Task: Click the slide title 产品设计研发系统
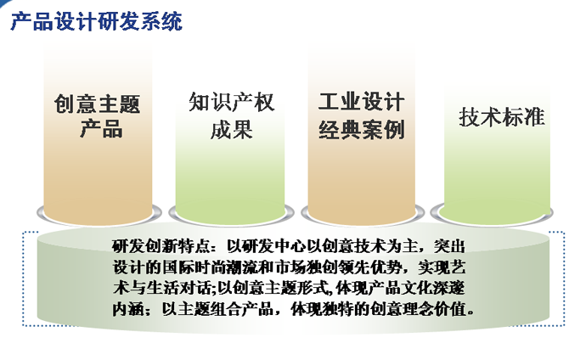(x=97, y=21)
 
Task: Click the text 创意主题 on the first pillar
(x=98, y=104)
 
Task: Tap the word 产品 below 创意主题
(x=101, y=128)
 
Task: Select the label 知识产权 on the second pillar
(x=231, y=102)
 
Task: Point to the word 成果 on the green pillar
(x=231, y=129)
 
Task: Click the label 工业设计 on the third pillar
(x=362, y=102)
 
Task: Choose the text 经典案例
(x=362, y=130)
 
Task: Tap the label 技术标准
(x=502, y=116)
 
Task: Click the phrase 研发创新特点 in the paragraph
(x=160, y=246)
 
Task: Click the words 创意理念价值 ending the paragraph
(x=419, y=309)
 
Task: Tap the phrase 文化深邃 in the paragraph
(x=433, y=288)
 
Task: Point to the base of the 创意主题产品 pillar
(x=99, y=216)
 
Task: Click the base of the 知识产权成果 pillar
(x=231, y=216)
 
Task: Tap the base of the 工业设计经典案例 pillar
(x=363, y=216)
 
